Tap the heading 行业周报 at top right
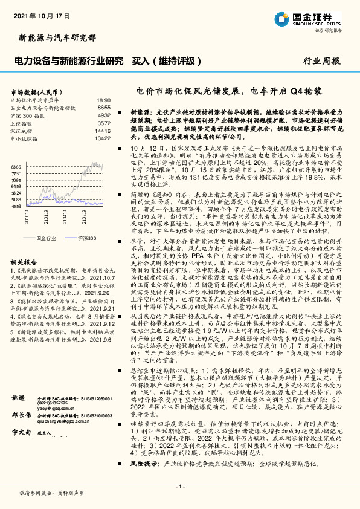coord(321,61)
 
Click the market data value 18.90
coord(103,100)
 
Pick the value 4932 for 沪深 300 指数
coord(103,114)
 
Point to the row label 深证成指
coord(21,130)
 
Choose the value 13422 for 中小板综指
coord(102,137)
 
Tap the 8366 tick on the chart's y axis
coord(16,166)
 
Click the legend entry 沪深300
coord(88,238)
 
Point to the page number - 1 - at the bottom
coord(179,487)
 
